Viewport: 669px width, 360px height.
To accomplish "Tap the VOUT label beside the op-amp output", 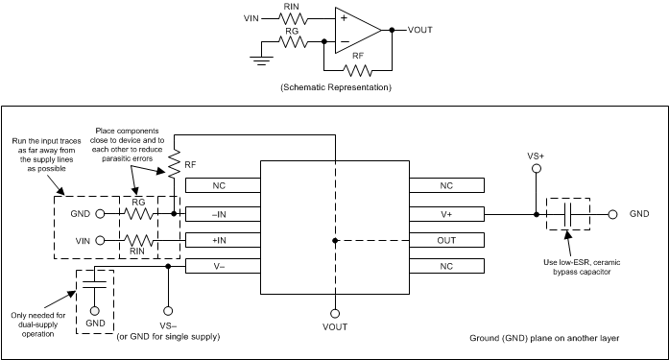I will pos(420,30).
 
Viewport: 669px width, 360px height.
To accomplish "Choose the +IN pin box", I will pos(223,239).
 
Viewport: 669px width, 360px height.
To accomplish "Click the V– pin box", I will pos(223,266).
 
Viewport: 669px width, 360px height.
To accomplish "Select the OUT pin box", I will pos(447,239).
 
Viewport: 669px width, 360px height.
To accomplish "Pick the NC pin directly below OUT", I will pos(447,266).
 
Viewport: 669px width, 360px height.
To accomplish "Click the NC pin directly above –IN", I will pos(223,185).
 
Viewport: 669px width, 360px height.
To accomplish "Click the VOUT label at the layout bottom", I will pos(335,326).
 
